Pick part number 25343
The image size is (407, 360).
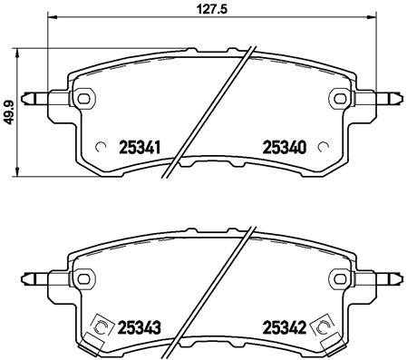(141, 325)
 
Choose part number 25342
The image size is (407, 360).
(282, 325)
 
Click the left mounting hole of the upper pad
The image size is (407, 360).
(83, 98)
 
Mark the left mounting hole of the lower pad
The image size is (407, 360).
(83, 277)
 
